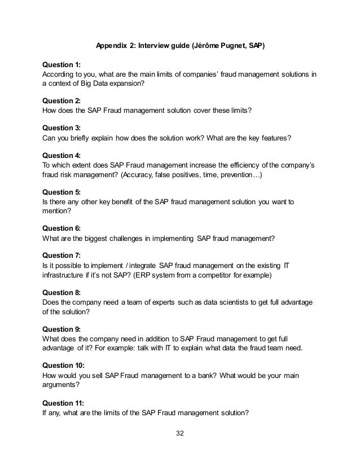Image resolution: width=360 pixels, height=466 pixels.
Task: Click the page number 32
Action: click(x=180, y=433)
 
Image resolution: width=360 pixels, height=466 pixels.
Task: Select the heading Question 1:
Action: click(x=63, y=65)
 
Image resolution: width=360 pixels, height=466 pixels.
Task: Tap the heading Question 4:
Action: click(x=63, y=155)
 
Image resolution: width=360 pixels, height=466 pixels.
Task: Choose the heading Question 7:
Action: click(x=63, y=254)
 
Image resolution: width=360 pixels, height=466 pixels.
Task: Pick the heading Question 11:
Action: click(x=64, y=403)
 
